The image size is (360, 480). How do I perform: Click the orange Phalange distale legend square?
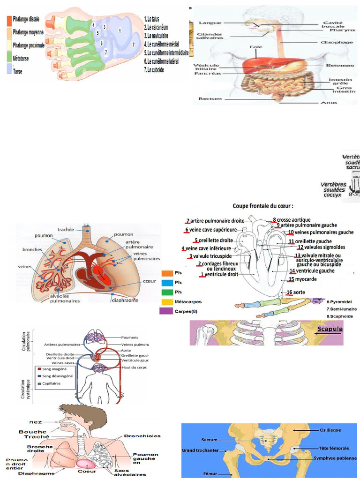[x=9, y=20]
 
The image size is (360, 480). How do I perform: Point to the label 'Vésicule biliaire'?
[x=206, y=67]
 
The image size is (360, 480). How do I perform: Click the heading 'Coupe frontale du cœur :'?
[x=263, y=206]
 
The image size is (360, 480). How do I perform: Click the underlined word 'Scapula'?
[x=330, y=329]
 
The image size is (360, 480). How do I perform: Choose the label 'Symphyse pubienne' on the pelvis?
[x=335, y=457]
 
